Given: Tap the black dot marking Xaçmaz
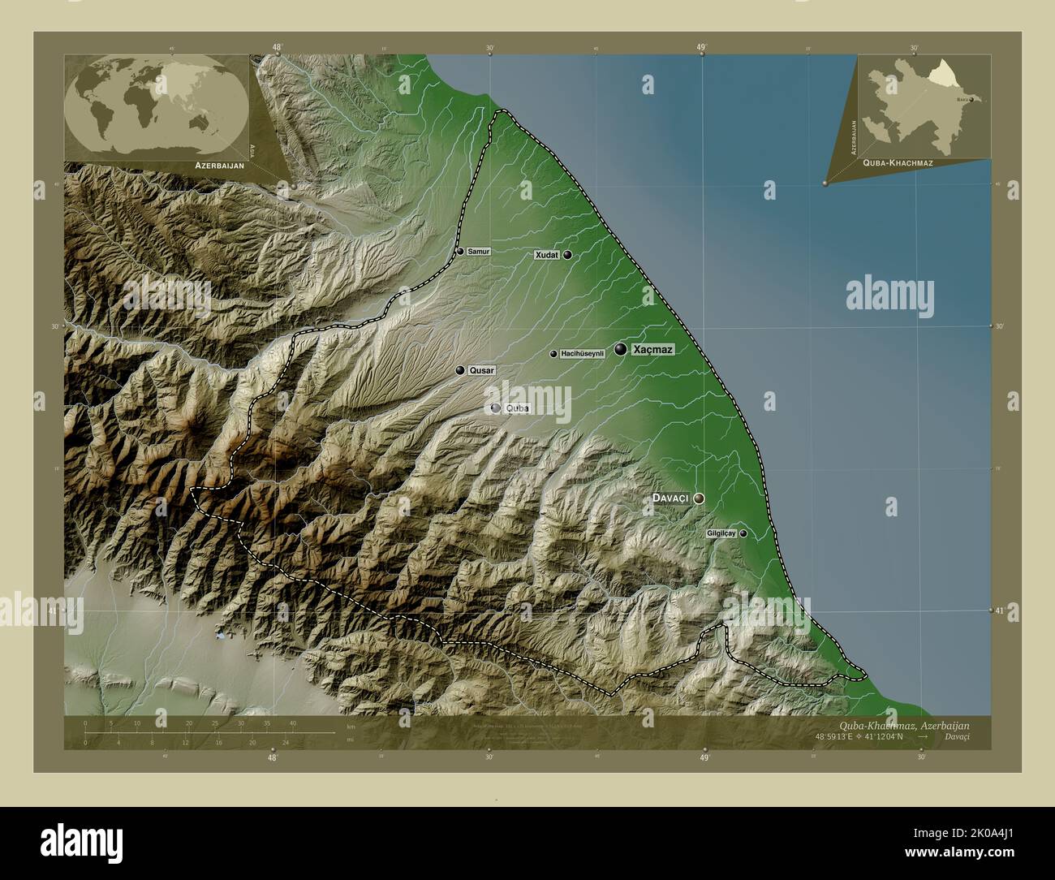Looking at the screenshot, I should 621,349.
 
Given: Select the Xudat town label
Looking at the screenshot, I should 546,255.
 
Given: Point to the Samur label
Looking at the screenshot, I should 479,252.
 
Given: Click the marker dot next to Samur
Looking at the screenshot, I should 460,252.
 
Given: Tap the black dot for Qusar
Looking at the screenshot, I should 460,370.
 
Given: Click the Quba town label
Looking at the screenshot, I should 517,408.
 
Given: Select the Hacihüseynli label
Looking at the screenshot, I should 583,354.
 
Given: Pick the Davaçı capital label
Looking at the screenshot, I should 670,498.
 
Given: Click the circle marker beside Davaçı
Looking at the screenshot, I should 698,498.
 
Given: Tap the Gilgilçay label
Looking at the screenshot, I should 721,533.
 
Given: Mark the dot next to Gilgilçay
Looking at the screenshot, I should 743,533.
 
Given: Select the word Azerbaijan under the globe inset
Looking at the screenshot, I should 219,165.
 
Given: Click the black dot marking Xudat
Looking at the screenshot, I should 567,255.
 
